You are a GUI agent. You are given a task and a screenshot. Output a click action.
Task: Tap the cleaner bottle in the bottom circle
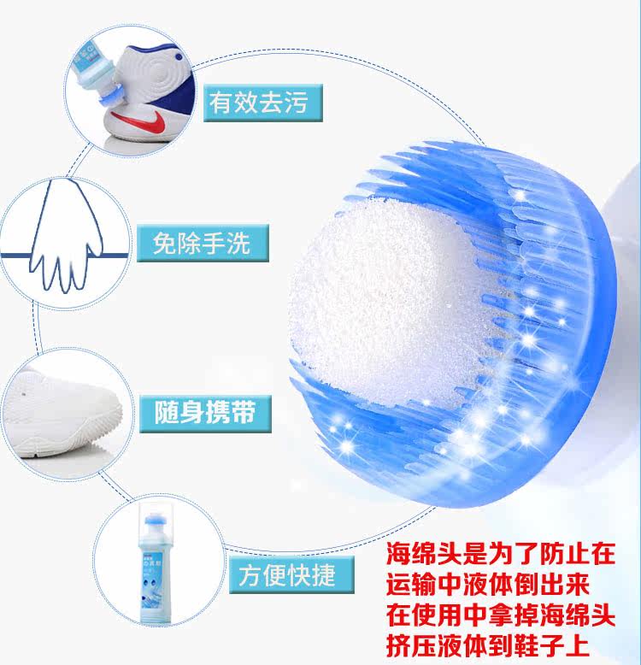pos(163,571)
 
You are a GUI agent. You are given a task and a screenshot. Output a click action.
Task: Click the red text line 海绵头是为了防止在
pos(500,551)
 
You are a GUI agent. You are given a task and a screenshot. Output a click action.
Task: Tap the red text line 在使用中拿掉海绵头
pos(500,614)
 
